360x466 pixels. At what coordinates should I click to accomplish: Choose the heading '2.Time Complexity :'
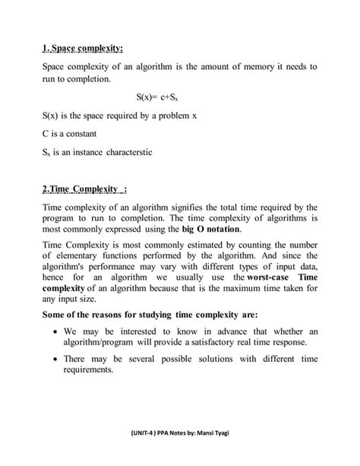[84, 188]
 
